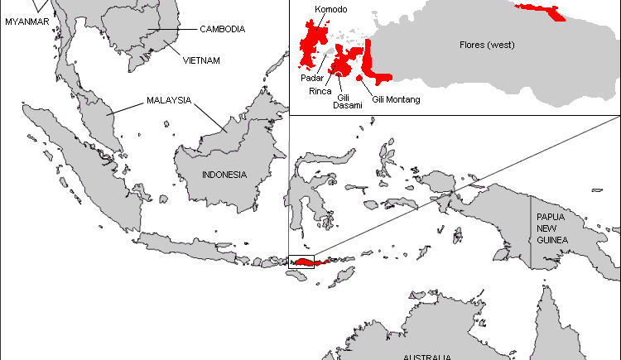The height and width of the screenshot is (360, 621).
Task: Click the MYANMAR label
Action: click(x=27, y=22)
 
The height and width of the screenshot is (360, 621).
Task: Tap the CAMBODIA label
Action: click(x=222, y=29)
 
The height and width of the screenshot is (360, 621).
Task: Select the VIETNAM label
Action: click(x=202, y=60)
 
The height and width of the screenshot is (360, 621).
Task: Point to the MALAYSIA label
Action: click(x=169, y=101)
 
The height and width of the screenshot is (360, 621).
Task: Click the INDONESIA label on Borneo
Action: click(x=224, y=175)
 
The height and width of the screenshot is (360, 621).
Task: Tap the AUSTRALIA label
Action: click(x=426, y=357)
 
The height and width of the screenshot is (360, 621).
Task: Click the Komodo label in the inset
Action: click(x=331, y=10)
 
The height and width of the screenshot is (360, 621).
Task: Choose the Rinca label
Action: click(x=320, y=91)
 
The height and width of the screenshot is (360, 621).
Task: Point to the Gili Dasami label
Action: click(x=347, y=101)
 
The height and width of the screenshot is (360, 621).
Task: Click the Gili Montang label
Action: click(x=397, y=99)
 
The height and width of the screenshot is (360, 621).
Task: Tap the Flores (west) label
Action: click(x=487, y=44)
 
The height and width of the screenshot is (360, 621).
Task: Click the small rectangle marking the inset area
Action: click(x=301, y=262)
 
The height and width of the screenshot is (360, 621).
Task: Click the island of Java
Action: click(x=195, y=246)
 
